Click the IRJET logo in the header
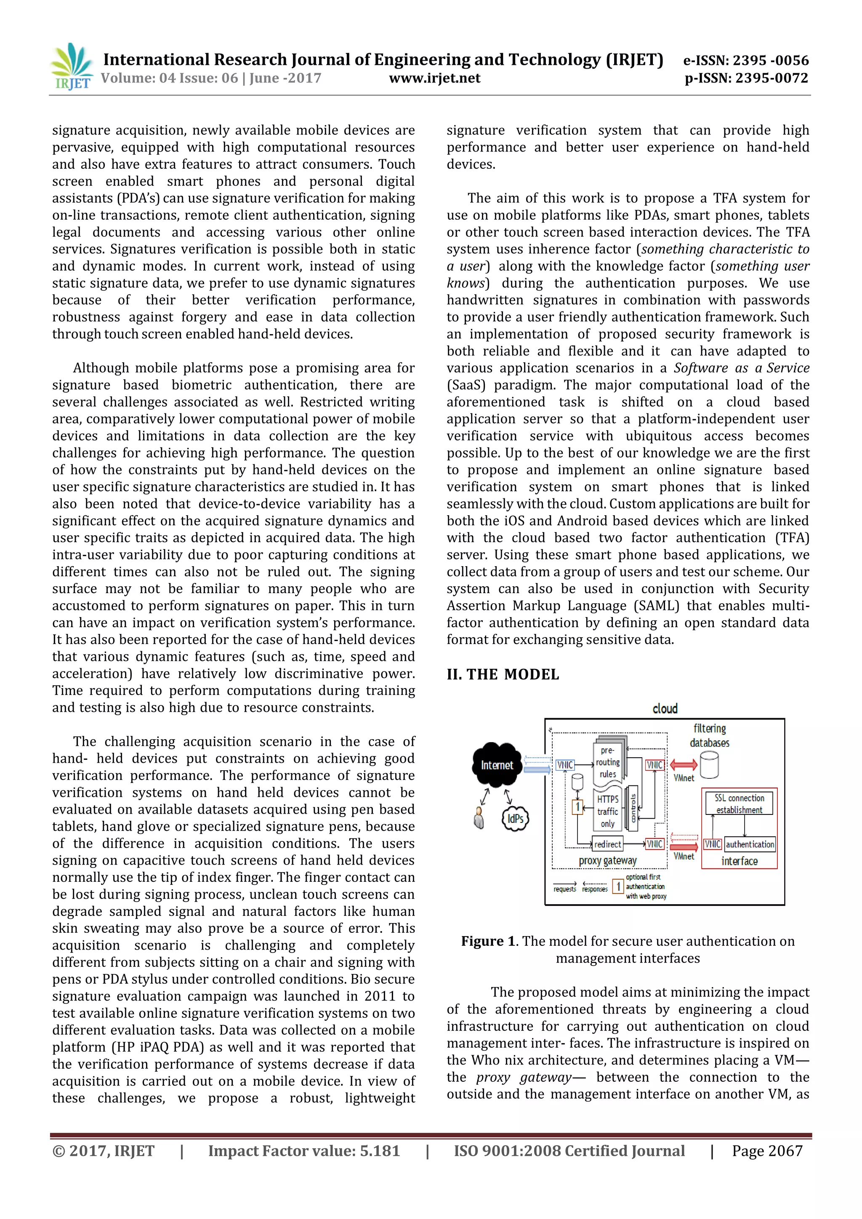click(72, 67)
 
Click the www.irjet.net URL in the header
click(434, 79)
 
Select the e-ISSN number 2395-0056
click(746, 61)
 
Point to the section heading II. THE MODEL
click(502, 674)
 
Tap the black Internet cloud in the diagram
click(496, 765)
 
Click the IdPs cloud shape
click(515, 818)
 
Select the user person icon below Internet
click(479, 818)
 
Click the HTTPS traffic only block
click(608, 811)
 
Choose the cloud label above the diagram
click(665, 709)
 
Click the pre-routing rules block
click(608, 762)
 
